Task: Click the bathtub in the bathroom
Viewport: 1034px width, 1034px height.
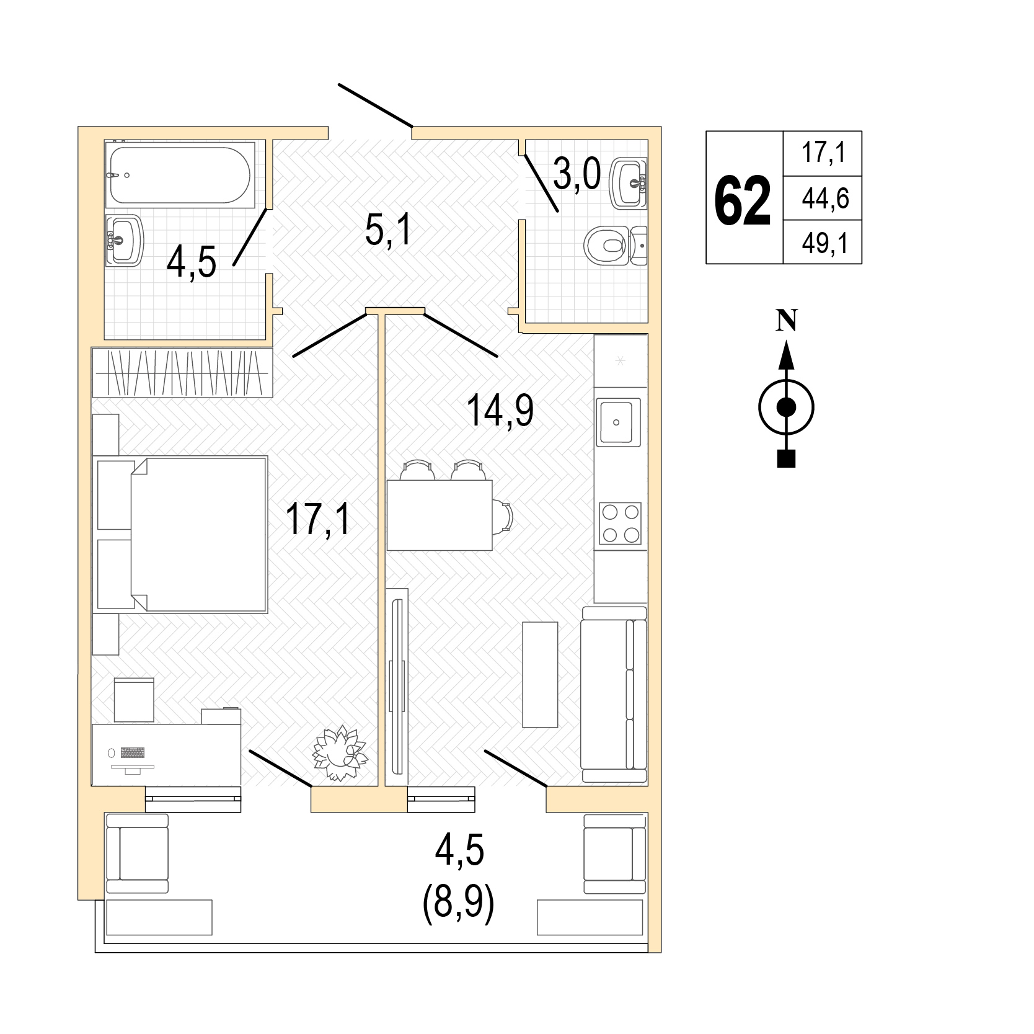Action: pyautogui.click(x=180, y=174)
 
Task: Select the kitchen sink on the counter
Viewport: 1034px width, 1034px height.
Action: pyautogui.click(x=618, y=422)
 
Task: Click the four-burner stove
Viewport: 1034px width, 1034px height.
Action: pyautogui.click(x=620, y=524)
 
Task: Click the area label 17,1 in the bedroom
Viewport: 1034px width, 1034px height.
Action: pyautogui.click(x=318, y=519)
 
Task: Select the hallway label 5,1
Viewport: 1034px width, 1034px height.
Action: pyautogui.click(x=388, y=231)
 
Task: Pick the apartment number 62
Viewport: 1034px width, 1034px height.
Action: pyautogui.click(x=742, y=200)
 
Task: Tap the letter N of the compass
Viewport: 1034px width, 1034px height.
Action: pyautogui.click(x=787, y=321)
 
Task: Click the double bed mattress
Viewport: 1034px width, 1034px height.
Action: pyautogui.click(x=199, y=535)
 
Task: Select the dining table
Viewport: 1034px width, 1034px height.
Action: pyautogui.click(x=440, y=515)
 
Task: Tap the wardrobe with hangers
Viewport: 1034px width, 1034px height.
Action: pyautogui.click(x=182, y=372)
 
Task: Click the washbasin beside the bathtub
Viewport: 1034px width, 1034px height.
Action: pyautogui.click(x=125, y=240)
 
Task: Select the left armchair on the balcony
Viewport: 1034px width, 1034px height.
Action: pyautogui.click(x=137, y=854)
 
